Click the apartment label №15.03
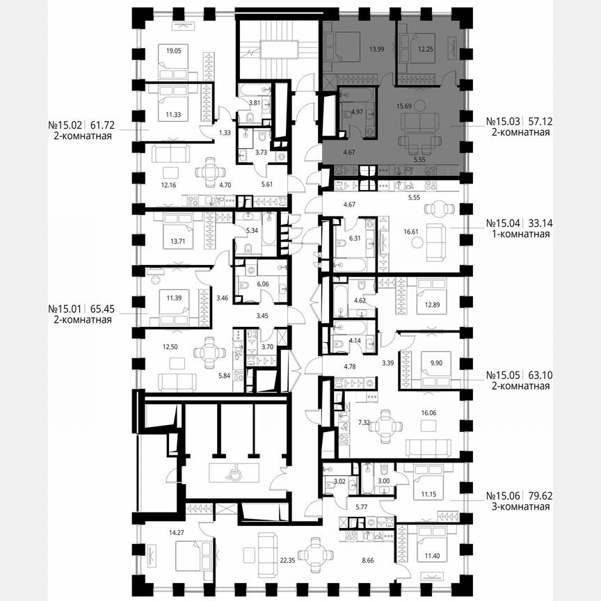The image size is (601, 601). coord(504,120)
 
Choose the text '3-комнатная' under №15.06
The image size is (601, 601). coord(518,506)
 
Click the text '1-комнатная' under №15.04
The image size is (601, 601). coord(518,234)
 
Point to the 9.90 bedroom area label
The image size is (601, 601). coord(435,362)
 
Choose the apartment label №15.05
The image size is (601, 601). coord(504,375)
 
